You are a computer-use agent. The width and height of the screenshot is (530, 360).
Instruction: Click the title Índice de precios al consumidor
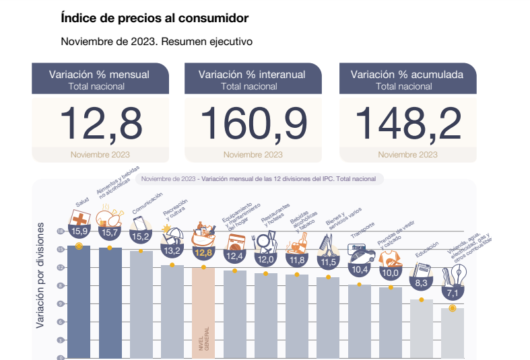(154, 17)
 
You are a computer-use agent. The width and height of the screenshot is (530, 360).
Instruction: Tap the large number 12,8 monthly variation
(100, 123)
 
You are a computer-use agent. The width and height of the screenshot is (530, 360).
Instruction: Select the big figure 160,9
(253, 123)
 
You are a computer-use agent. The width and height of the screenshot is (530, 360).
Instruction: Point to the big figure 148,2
(407, 123)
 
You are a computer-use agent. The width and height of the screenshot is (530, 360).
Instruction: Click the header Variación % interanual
(253, 75)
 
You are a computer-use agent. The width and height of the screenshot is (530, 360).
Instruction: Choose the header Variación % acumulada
(407, 75)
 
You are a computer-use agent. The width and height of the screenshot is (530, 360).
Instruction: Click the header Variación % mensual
(99, 75)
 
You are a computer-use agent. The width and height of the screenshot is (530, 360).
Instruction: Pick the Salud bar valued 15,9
(79, 303)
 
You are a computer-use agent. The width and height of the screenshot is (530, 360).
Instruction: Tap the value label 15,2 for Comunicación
(141, 236)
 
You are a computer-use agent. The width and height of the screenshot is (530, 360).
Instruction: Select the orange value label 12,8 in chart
(203, 253)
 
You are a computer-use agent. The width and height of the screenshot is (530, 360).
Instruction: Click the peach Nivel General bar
(203, 313)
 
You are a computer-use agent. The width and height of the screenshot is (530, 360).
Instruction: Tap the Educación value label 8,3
(422, 283)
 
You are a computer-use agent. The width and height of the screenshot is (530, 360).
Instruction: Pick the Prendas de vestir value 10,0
(390, 273)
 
